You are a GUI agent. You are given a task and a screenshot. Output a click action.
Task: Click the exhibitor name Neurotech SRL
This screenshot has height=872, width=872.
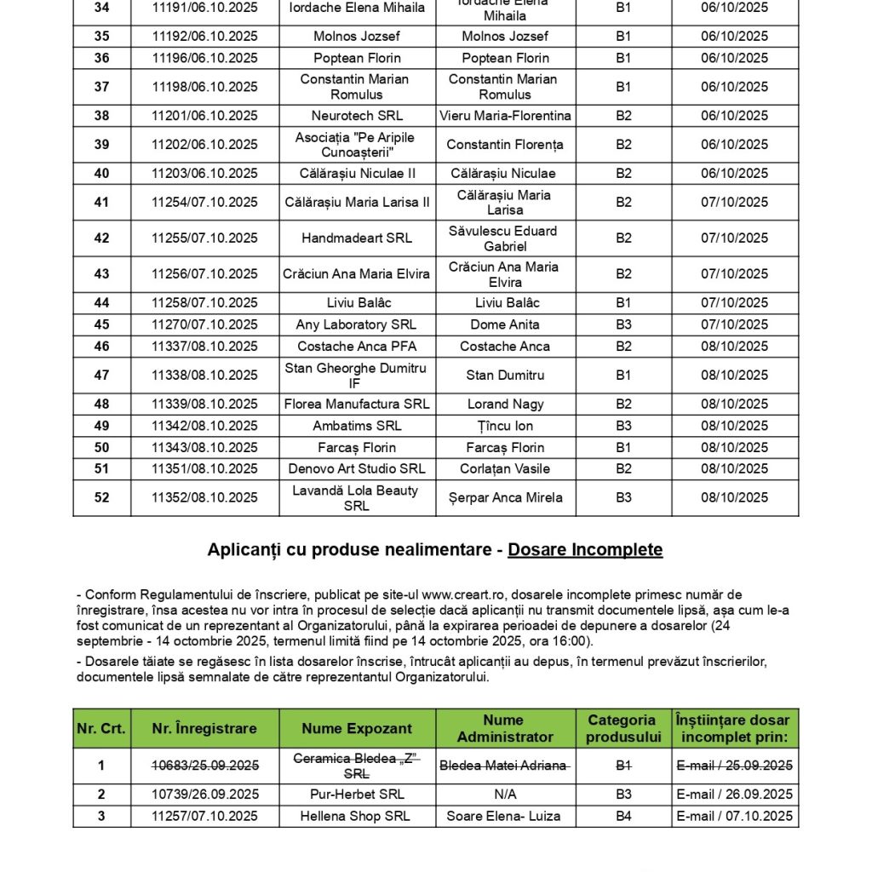pos(357,116)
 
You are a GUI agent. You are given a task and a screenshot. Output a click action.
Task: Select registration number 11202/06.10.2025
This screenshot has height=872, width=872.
pos(204,145)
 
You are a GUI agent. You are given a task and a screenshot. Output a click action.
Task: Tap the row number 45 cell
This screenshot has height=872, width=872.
pos(101,324)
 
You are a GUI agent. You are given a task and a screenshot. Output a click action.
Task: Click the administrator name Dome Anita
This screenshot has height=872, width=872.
pos(505,324)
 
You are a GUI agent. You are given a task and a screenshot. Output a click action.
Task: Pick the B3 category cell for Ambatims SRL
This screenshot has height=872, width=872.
pos(623,426)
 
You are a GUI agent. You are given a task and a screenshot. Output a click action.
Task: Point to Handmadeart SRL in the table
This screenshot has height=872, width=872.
pos(357,238)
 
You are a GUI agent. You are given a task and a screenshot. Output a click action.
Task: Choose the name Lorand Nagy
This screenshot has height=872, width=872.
pos(505,404)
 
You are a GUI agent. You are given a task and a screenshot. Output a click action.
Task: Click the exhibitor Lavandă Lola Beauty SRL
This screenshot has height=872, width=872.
pos(356,498)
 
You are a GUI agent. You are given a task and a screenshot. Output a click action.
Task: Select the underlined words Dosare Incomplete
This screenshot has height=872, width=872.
pos(585,550)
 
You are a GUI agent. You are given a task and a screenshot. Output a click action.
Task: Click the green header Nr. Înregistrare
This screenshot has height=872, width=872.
pos(204,728)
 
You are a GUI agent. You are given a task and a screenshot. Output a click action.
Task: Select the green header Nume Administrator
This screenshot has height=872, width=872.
pos(505,728)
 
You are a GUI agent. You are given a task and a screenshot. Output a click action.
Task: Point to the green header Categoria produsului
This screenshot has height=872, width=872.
pos(623,728)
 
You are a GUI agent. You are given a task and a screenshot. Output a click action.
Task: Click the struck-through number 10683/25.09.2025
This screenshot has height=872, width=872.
pos(204,766)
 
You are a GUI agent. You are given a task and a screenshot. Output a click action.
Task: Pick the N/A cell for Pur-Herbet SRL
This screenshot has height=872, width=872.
pos(505,795)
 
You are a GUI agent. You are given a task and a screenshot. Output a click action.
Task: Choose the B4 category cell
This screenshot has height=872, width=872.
pos(623,817)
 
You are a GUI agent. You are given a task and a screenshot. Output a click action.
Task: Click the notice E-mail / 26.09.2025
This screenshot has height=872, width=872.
pos(735,795)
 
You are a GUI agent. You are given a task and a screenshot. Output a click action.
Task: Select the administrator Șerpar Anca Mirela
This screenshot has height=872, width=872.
pos(505,498)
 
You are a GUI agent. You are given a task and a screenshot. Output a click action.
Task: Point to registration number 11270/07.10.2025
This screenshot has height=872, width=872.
pos(204,324)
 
